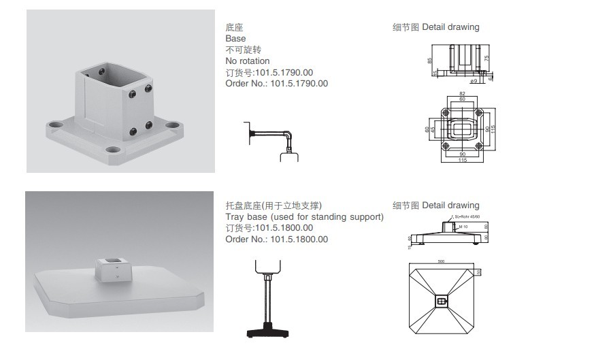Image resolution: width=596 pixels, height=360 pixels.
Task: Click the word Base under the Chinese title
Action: pos(235,39)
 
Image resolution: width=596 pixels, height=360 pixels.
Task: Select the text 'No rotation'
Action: pos(247,61)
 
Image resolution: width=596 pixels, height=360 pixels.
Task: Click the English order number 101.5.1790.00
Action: pos(276,84)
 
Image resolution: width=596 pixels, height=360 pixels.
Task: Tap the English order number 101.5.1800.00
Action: pos(276,240)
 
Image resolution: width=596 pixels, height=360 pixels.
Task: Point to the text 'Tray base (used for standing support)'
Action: pos(304,217)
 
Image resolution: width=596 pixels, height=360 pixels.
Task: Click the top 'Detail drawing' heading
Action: pos(450,27)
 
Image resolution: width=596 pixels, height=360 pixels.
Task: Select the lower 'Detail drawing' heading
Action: pos(450,206)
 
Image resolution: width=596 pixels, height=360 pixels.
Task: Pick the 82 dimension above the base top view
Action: pos(463,93)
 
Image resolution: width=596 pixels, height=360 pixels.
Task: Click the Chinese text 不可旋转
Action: pos(243,50)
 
